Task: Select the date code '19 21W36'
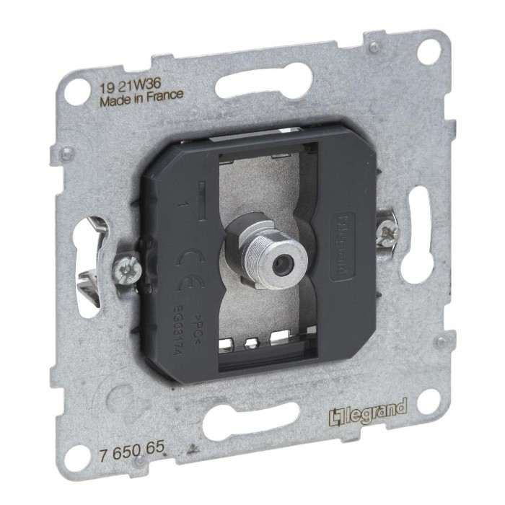pos(123,82)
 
